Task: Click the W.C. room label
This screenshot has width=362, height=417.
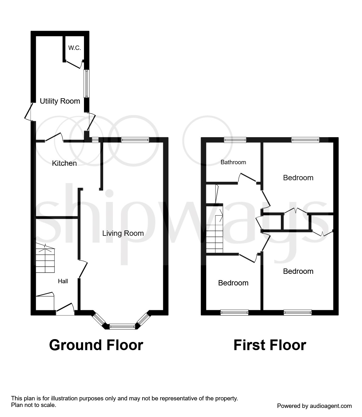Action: (75, 48)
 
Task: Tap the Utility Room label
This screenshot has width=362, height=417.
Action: (60, 101)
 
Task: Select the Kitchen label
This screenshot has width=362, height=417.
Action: (64, 163)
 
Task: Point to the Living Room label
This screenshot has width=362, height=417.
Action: (123, 233)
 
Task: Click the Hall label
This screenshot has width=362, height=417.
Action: (63, 281)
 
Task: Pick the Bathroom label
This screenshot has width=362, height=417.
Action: (233, 162)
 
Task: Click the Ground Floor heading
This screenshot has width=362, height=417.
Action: (96, 345)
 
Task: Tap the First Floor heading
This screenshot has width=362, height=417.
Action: (270, 345)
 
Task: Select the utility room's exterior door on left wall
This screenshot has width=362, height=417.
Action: (29, 111)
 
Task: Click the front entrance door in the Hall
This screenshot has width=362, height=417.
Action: (65, 309)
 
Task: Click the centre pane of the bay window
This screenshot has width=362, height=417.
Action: (122, 327)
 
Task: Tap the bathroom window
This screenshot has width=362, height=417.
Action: (235, 140)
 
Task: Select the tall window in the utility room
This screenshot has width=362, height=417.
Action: (86, 84)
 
